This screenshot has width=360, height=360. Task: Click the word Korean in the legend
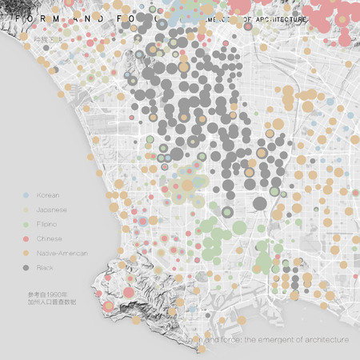(x=48, y=195)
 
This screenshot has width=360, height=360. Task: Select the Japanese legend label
(x=51, y=210)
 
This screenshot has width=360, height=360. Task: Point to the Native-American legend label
(x=62, y=253)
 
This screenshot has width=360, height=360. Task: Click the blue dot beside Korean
(x=26, y=195)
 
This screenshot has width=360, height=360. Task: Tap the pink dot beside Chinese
(x=26, y=238)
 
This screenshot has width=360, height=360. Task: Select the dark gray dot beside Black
(x=26, y=267)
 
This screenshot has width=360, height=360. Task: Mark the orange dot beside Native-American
(x=26, y=253)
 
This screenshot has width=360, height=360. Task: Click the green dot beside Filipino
(x=26, y=224)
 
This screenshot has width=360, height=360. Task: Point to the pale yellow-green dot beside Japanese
(x=26, y=210)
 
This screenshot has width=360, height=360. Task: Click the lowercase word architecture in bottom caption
(x=328, y=340)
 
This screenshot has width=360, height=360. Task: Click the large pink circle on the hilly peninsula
(x=127, y=292)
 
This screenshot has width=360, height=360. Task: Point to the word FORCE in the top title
(x=128, y=17)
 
